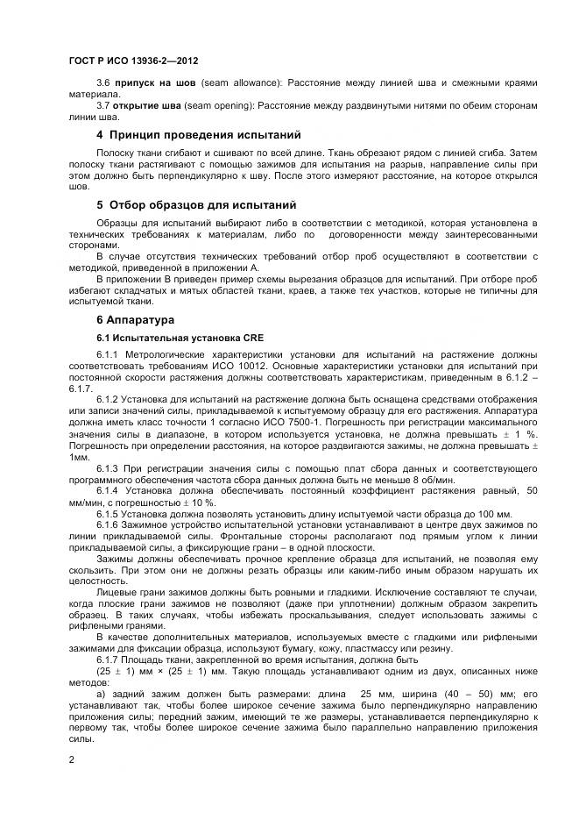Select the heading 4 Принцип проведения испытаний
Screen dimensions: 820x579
tap(198, 135)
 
